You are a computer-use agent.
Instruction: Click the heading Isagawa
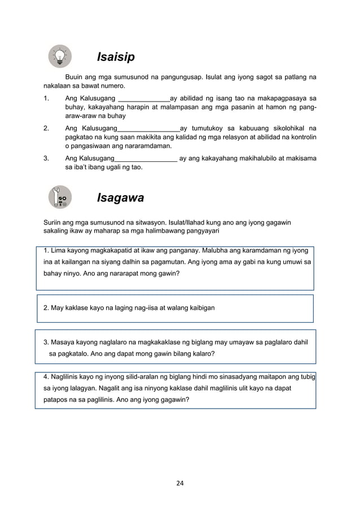click(x=120, y=198)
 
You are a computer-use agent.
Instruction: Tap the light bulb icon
click(x=60, y=56)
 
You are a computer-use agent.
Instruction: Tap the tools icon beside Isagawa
click(x=60, y=197)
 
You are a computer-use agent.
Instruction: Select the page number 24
click(x=179, y=482)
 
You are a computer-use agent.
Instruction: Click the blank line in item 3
click(x=146, y=159)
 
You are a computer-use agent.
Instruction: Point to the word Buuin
click(x=76, y=76)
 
